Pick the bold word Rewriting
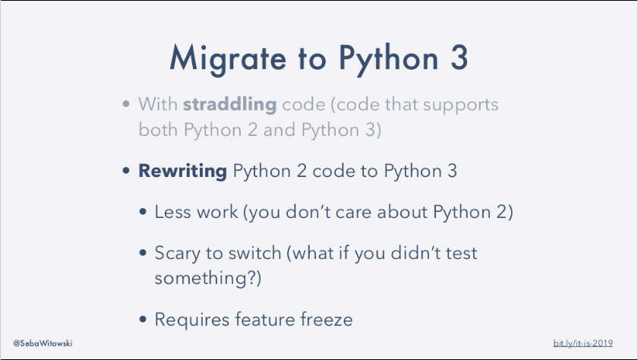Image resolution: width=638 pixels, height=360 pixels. [x=182, y=171]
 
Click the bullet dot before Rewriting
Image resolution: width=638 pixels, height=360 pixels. [x=127, y=171]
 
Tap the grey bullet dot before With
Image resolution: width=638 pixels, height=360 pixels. [x=127, y=104]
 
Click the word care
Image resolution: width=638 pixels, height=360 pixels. [x=362, y=212]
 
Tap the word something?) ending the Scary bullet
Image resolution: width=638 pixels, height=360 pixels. [x=207, y=279]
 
